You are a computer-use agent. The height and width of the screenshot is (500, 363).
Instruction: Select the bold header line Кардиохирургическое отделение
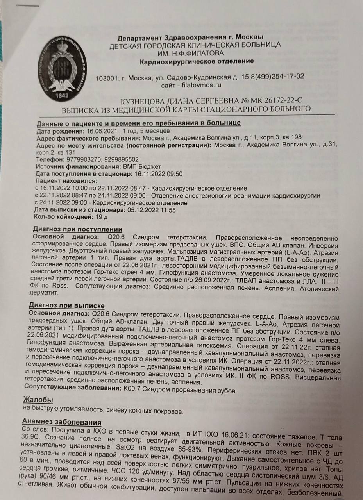(197, 61)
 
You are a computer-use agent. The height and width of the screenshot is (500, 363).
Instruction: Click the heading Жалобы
(38, 400)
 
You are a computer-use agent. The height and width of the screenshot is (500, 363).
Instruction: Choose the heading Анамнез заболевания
(62, 423)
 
